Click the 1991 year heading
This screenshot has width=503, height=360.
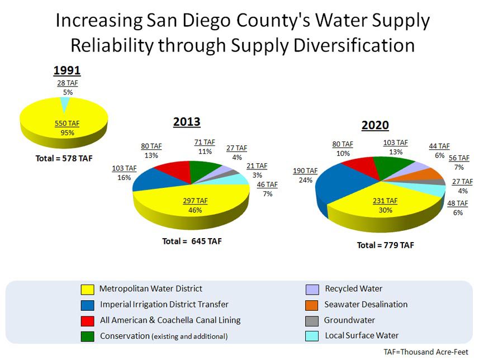click(x=67, y=71)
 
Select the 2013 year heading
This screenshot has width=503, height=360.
click(x=187, y=122)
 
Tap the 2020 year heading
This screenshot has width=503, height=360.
click(x=375, y=125)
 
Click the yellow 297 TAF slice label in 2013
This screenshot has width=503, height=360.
click(x=195, y=201)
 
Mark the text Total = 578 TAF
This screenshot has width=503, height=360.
click(x=64, y=158)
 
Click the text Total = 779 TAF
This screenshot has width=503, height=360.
click(x=386, y=245)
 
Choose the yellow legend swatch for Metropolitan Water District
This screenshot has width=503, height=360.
click(x=88, y=290)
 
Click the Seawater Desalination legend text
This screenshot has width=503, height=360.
click(x=366, y=305)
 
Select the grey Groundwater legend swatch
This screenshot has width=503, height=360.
click(x=313, y=321)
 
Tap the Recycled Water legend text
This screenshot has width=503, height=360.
click(x=354, y=289)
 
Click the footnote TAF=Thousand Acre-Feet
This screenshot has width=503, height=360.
click(x=426, y=352)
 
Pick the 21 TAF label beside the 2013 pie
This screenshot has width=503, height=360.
click(x=257, y=166)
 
